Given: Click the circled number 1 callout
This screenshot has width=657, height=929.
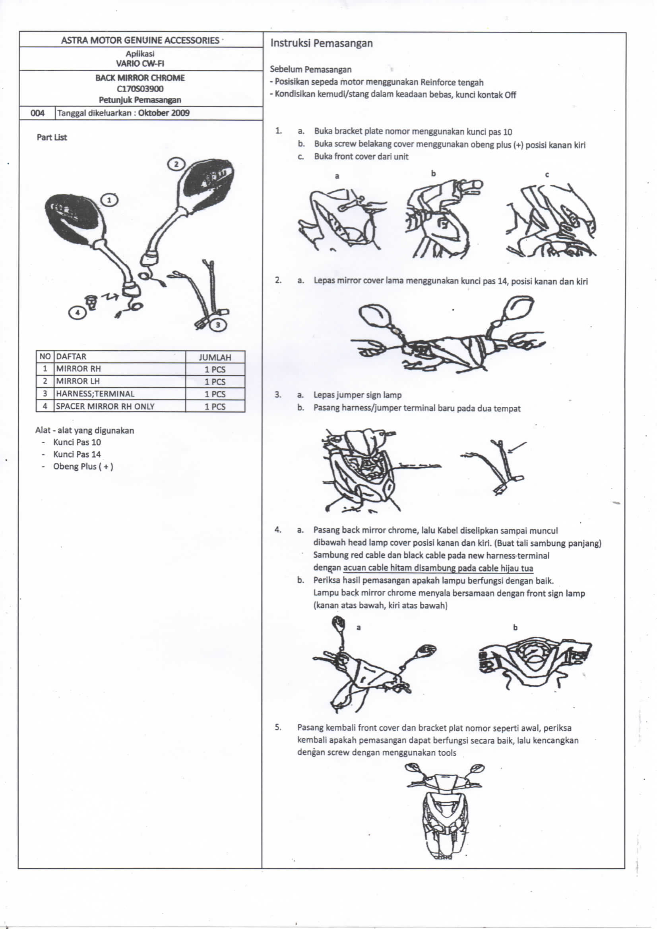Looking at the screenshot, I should pyautogui.click(x=109, y=200).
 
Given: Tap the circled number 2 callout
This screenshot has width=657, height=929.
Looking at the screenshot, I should pyautogui.click(x=176, y=164).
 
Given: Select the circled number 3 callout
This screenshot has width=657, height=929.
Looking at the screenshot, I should pyautogui.click(x=218, y=324).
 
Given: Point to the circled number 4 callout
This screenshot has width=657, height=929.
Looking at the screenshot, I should pyautogui.click(x=78, y=312).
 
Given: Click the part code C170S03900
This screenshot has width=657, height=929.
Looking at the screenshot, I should pyautogui.click(x=140, y=89).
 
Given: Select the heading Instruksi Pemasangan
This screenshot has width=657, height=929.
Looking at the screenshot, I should pyautogui.click(x=322, y=43).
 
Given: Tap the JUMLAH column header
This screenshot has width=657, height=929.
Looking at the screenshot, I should pyautogui.click(x=215, y=357).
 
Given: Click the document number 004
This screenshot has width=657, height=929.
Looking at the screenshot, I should pyautogui.click(x=37, y=113).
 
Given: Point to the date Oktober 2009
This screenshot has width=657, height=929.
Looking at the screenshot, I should pyautogui.click(x=163, y=113).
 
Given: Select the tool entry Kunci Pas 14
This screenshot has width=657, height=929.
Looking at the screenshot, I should pyautogui.click(x=77, y=454).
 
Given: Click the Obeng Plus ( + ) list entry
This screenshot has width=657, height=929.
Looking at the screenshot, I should pyautogui.click(x=83, y=467).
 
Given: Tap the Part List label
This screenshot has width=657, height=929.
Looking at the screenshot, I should pyautogui.click(x=52, y=137).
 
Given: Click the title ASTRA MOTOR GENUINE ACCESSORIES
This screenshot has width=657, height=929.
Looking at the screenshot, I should pyautogui.click(x=140, y=40).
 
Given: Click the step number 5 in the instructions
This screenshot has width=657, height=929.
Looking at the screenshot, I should pyautogui.click(x=278, y=727).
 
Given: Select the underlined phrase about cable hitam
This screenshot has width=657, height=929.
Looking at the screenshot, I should pyautogui.click(x=438, y=568).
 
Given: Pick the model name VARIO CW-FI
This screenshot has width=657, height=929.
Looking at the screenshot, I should pyautogui.click(x=140, y=63).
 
